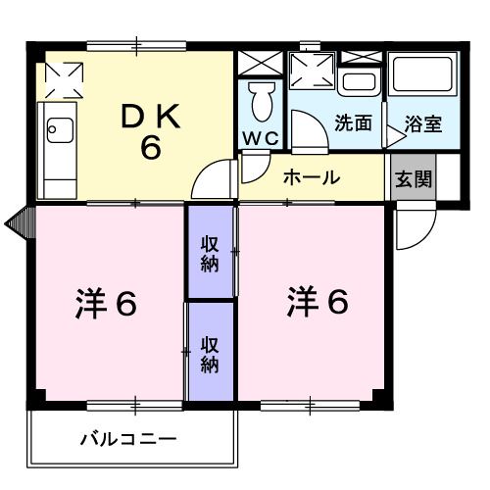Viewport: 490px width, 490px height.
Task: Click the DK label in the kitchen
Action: click(x=148, y=117)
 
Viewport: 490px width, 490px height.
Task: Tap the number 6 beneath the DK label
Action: click(x=149, y=149)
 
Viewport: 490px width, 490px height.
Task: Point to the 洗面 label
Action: click(x=353, y=124)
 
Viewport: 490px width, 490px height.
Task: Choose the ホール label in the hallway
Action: click(x=312, y=178)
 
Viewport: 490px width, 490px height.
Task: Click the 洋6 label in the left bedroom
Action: click(x=105, y=305)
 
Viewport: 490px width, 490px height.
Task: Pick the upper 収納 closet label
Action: click(x=210, y=254)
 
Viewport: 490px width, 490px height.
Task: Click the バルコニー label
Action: click(x=127, y=439)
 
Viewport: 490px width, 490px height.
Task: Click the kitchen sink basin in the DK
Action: click(x=57, y=128)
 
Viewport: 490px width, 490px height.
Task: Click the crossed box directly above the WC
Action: click(x=261, y=62)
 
